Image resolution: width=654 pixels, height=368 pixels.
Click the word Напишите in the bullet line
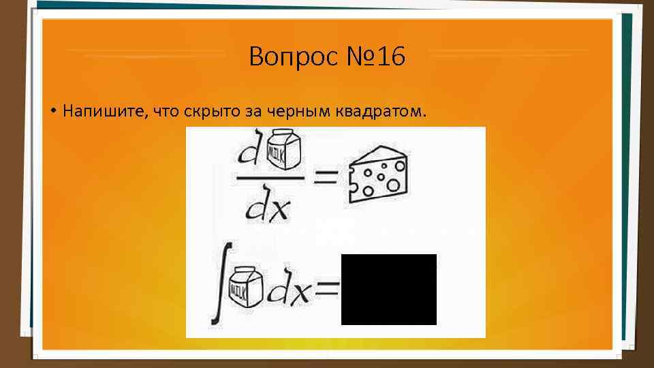click(x=102, y=110)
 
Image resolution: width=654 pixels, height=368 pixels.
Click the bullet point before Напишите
click(x=52, y=111)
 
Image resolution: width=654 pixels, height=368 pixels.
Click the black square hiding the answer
click(x=388, y=289)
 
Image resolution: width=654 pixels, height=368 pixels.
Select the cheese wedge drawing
click(x=377, y=174)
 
